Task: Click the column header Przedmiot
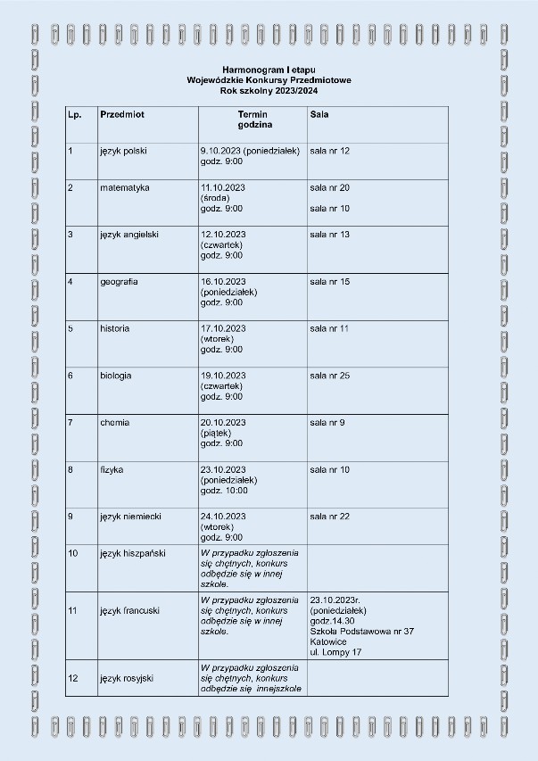tap(123, 115)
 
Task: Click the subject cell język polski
tap(123, 151)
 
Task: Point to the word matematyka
tap(125, 188)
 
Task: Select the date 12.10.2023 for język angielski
tap(223, 235)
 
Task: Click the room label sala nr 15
tap(329, 282)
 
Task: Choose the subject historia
tap(115, 328)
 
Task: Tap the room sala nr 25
tap(329, 376)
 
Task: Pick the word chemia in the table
tap(114, 422)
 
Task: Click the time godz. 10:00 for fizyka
tap(224, 490)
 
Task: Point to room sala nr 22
tap(329, 516)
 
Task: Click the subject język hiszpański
tap(133, 554)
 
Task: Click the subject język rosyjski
tap(127, 678)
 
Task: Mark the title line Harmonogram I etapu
tap(269, 69)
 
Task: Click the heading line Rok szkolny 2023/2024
tap(269, 90)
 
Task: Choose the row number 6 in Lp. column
tap(70, 376)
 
